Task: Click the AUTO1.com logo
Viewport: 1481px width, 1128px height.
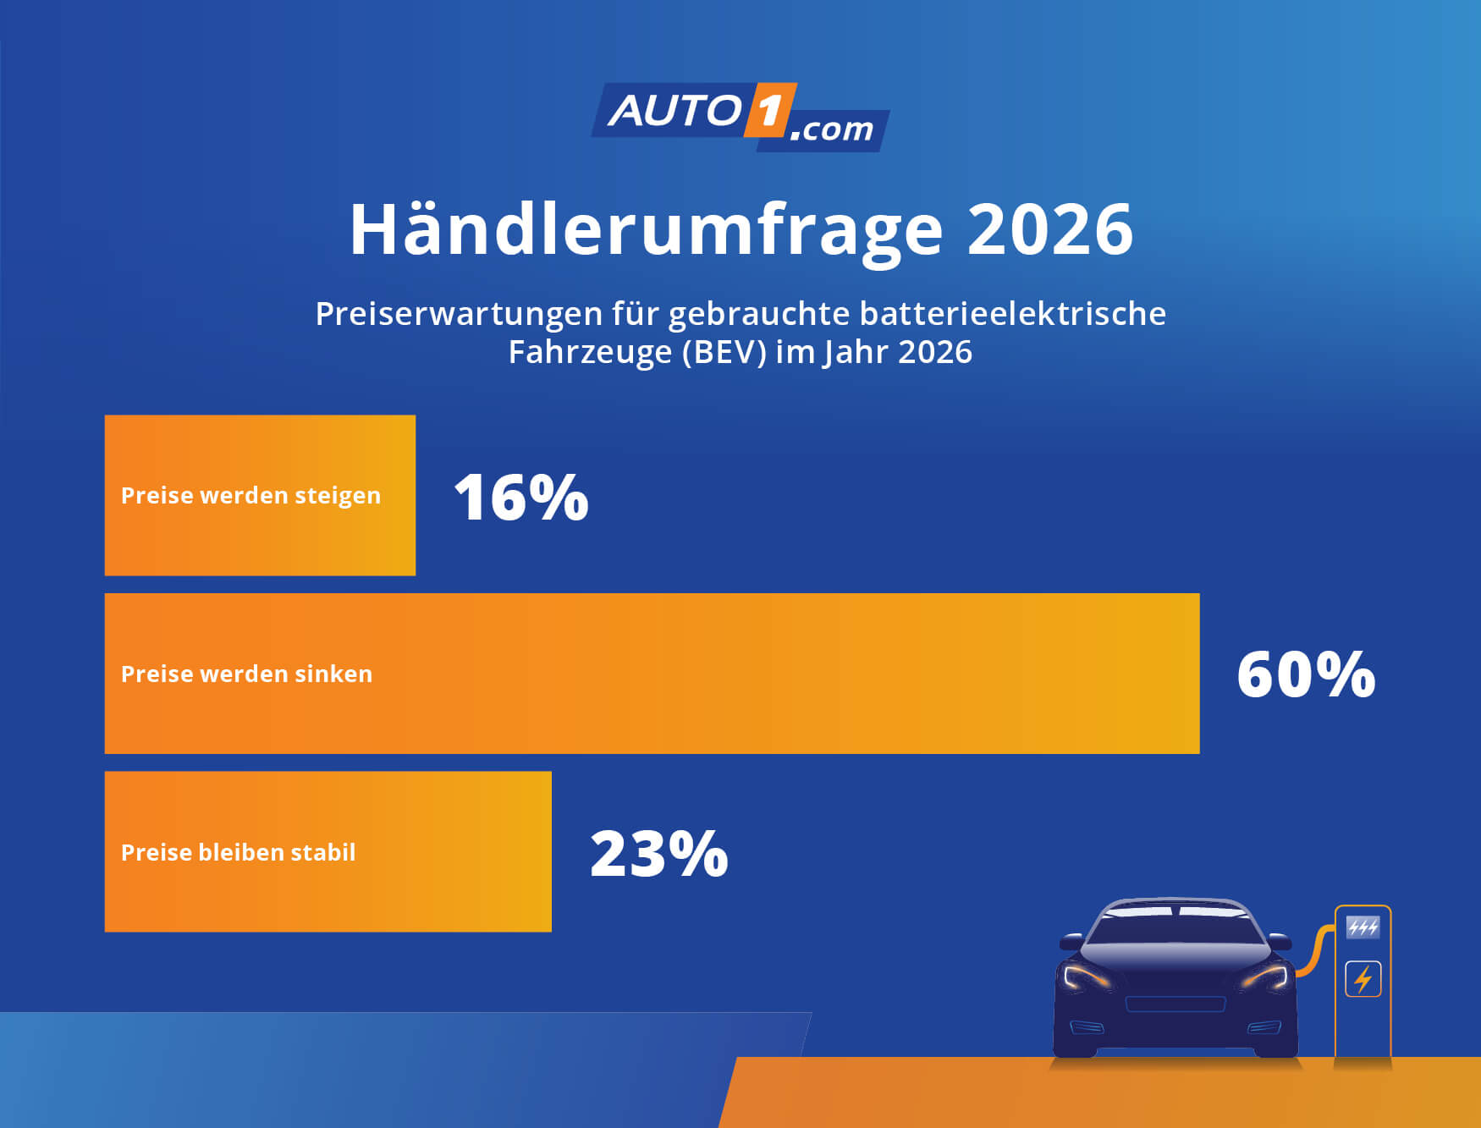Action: [740, 117]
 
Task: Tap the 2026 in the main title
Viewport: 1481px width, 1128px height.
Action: [1049, 229]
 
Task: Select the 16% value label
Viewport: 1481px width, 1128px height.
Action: [520, 497]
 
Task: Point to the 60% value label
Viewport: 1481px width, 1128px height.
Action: [1306, 674]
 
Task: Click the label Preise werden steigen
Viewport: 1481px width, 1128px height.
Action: [251, 496]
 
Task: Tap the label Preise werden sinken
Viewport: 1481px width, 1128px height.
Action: [246, 674]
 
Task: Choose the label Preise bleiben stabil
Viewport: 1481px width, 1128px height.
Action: [238, 853]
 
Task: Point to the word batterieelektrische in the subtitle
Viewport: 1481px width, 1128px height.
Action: [1012, 314]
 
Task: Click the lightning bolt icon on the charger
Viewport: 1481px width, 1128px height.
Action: [1363, 979]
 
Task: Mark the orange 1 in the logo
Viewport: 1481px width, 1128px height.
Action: [769, 110]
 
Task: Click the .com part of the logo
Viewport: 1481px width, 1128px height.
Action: [832, 129]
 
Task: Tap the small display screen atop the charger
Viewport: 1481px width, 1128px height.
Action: [1363, 927]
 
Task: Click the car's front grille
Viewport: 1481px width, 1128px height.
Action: [1175, 1004]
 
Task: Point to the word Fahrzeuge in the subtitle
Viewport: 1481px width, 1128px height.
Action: [590, 352]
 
